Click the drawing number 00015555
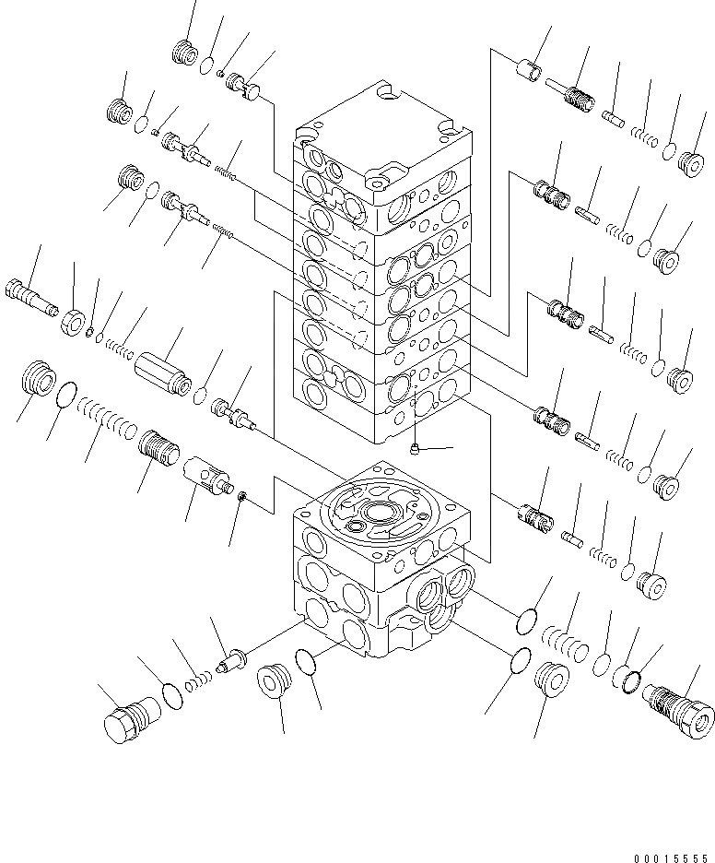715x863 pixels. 673,851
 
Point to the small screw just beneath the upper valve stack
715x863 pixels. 416,449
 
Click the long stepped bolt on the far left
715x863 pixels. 33,293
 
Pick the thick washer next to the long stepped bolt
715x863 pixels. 74,322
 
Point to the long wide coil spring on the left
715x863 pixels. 109,420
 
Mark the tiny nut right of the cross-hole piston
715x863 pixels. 242,498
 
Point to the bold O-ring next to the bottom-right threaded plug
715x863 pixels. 629,680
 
